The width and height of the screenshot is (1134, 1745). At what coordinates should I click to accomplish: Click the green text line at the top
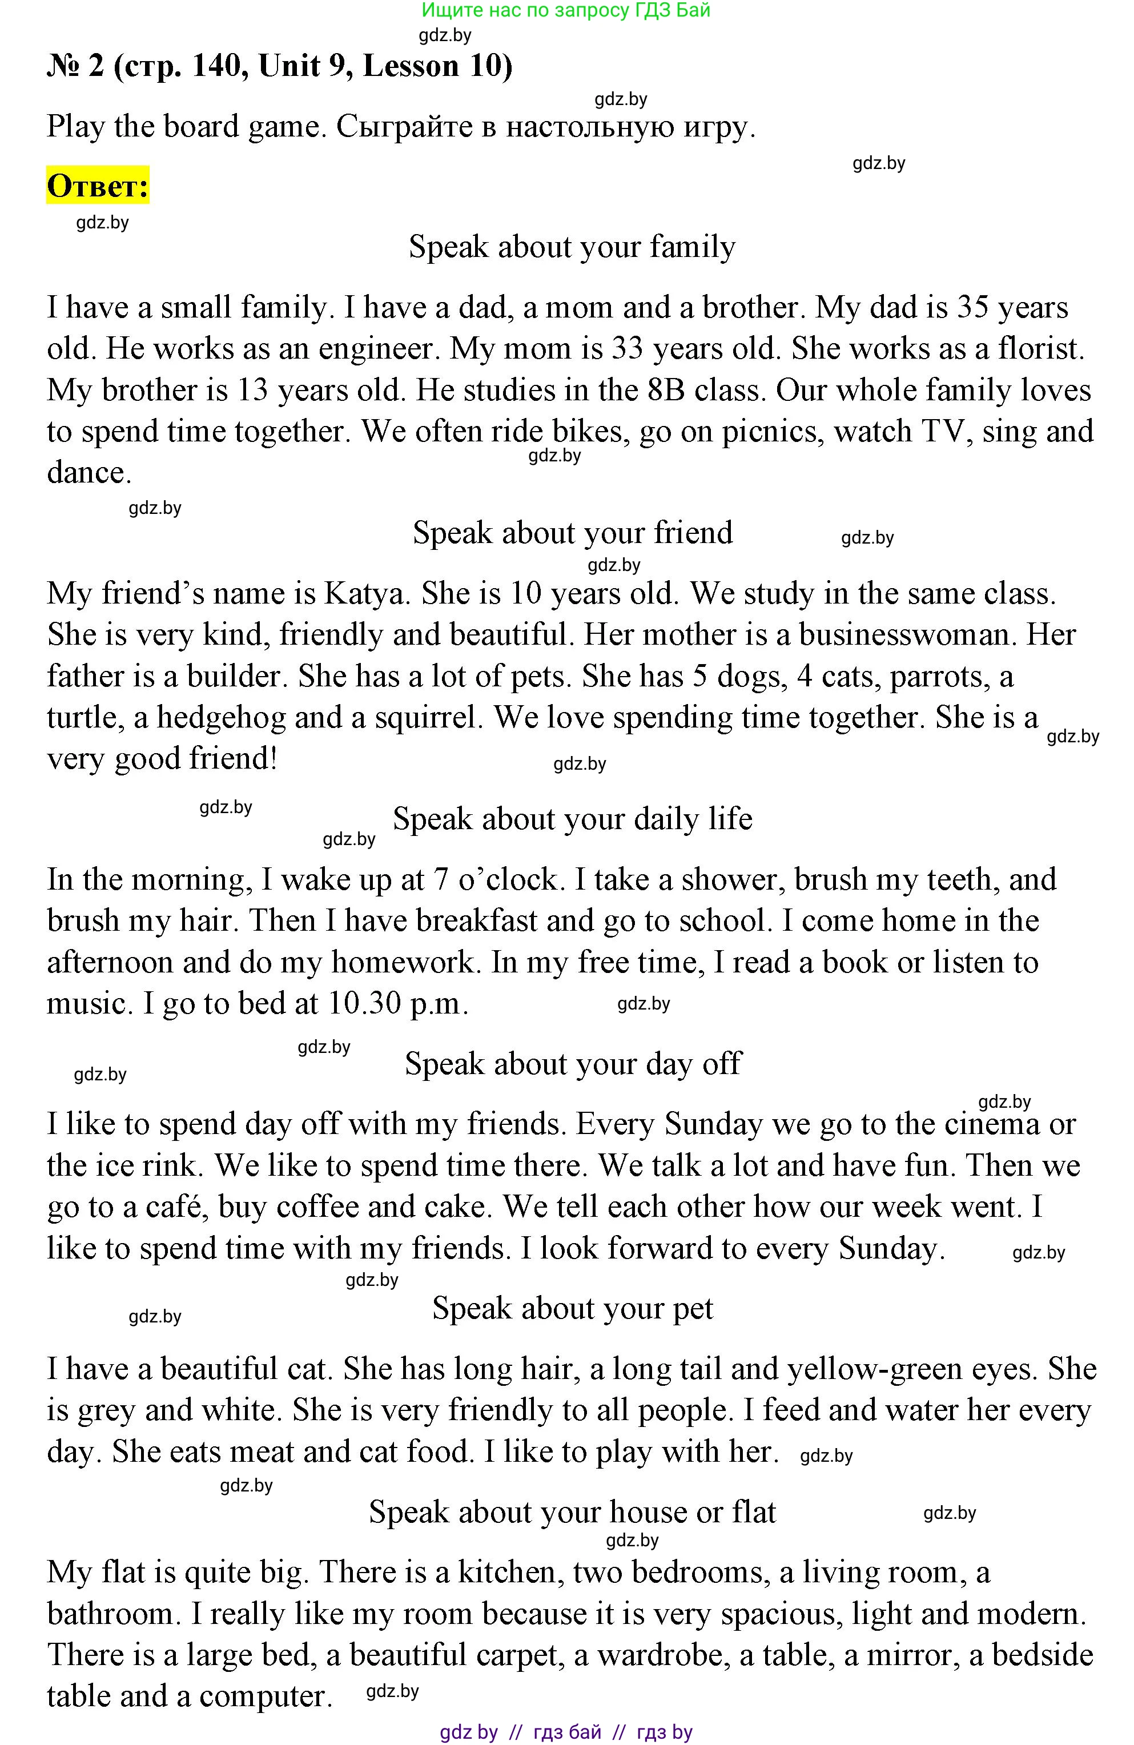[x=566, y=10]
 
